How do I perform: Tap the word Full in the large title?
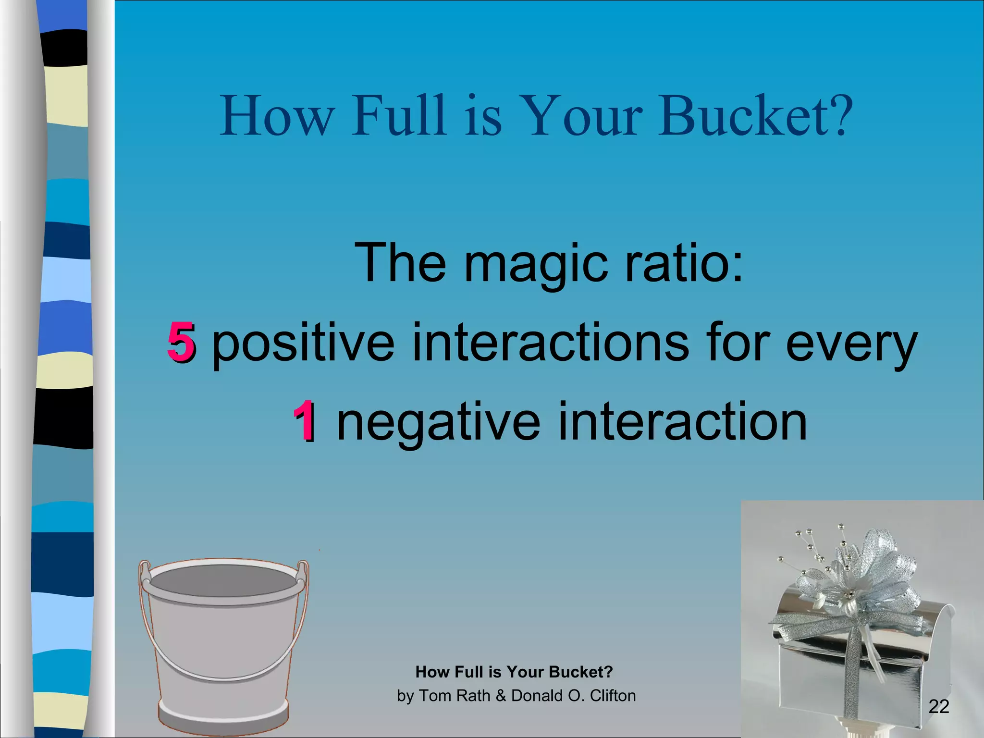coord(398,115)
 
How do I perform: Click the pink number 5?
coord(181,342)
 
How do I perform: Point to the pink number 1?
coord(305,421)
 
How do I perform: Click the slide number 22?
coord(939,706)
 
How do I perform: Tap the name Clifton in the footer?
coord(613,696)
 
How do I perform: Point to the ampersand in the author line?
coord(501,696)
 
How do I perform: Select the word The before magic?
coord(400,263)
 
